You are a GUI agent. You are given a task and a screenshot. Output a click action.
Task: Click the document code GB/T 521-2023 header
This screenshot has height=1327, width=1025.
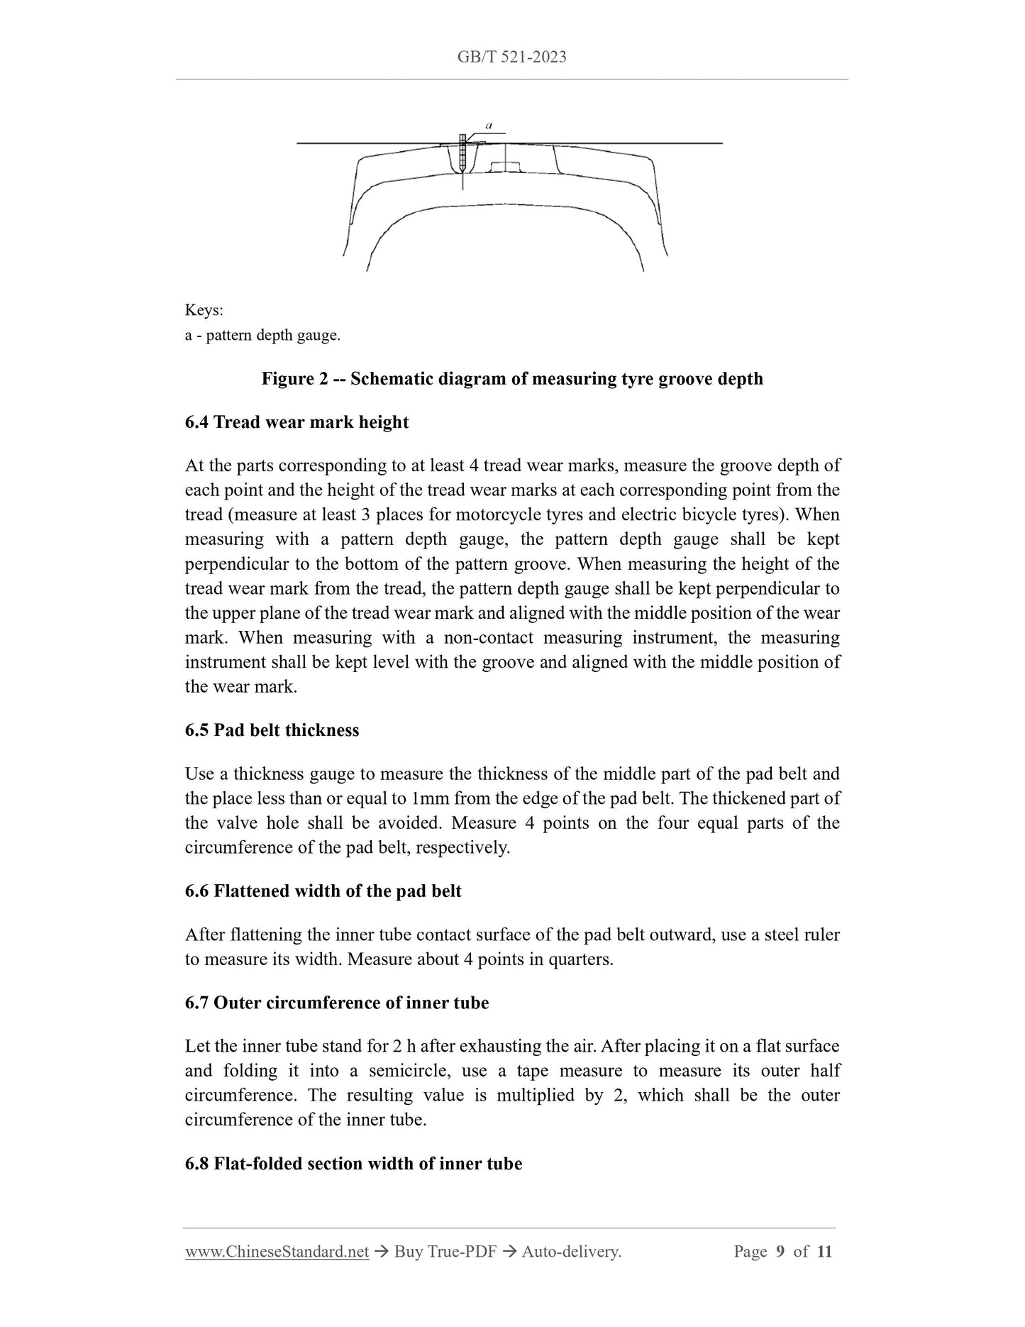511,57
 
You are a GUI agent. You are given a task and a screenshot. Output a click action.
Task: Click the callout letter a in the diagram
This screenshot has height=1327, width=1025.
490,125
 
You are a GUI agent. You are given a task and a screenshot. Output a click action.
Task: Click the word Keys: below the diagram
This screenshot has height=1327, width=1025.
204,311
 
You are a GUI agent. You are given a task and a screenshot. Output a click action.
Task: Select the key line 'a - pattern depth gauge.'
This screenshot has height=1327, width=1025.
262,335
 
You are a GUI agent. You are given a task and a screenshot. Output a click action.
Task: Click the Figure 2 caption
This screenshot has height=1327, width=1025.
511,378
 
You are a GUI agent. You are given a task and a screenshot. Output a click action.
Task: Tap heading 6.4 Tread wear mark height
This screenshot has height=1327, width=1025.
297,422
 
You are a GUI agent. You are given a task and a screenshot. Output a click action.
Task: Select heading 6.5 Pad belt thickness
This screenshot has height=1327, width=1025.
272,730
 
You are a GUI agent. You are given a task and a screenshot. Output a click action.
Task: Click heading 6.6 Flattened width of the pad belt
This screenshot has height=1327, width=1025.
323,891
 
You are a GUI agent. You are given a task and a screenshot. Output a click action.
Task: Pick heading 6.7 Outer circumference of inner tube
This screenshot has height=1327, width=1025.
337,1003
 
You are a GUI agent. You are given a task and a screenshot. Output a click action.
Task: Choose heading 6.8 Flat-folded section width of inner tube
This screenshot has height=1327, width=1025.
353,1164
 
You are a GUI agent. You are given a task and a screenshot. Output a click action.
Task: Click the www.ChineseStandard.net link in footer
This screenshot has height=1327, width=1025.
277,1252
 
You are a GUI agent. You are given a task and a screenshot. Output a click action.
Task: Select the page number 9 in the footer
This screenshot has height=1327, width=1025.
780,1252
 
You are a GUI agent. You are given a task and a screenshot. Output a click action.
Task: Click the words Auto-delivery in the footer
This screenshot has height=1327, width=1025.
571,1252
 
